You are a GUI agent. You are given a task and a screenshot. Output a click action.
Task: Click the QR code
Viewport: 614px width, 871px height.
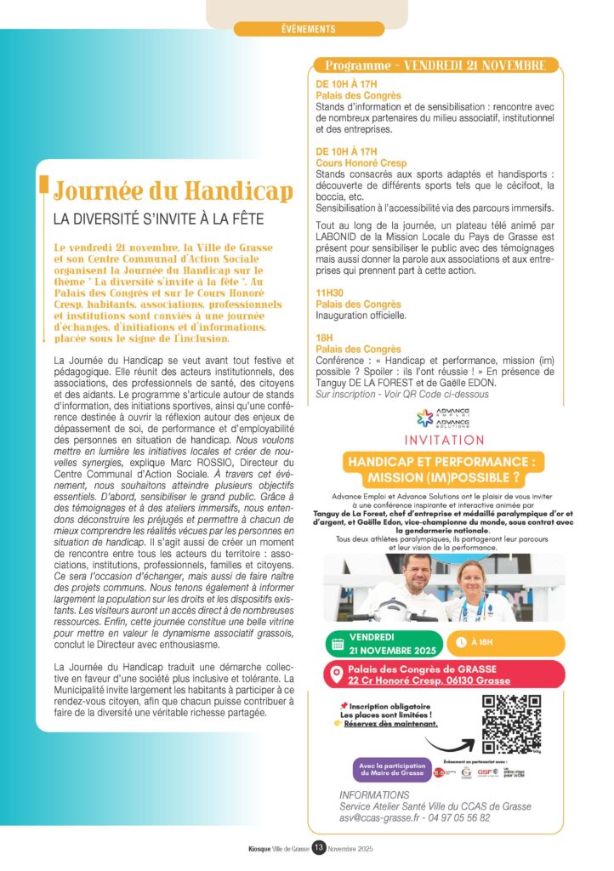click(512, 724)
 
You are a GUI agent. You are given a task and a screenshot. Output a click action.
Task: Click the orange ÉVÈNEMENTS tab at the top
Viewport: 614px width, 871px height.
click(308, 29)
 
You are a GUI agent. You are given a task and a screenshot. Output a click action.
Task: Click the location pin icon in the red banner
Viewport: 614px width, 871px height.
click(337, 675)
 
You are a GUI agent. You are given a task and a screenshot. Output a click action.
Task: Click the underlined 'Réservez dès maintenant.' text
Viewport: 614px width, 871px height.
click(390, 724)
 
